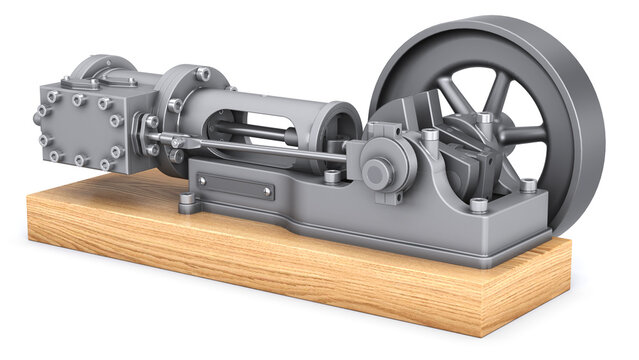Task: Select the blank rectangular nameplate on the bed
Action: pos(236,186)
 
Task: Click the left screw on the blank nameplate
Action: pos(202,181)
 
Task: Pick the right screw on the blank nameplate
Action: pos(268,192)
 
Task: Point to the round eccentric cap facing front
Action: pos(377,173)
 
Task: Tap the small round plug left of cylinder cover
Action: pos(39,117)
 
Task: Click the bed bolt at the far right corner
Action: pos(528,185)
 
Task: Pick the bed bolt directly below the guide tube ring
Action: pos(332,176)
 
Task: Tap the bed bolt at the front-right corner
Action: pos(478,205)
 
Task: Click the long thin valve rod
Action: pos(260,148)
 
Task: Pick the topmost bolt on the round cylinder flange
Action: pos(203,74)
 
